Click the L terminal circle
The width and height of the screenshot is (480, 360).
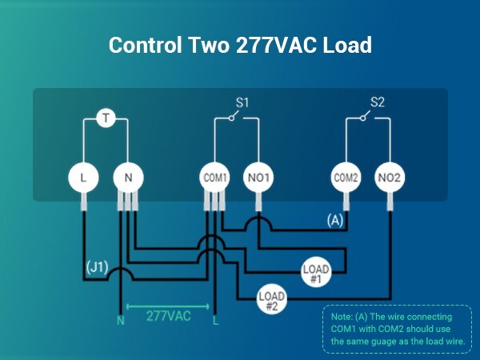(x=83, y=177)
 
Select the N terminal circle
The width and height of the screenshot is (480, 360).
(x=126, y=177)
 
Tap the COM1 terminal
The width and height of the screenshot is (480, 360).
(x=214, y=177)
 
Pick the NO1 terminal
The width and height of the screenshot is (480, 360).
(x=258, y=177)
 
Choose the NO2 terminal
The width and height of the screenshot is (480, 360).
(x=390, y=177)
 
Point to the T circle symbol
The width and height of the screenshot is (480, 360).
(x=106, y=119)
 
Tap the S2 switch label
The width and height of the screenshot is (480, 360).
(x=378, y=103)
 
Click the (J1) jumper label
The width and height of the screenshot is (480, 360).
(x=97, y=265)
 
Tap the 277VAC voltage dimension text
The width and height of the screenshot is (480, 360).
(x=168, y=315)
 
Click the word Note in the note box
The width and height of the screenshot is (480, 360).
(x=342, y=318)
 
